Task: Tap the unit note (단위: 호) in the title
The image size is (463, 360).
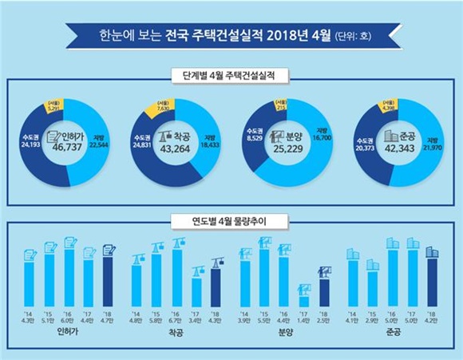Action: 356,36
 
